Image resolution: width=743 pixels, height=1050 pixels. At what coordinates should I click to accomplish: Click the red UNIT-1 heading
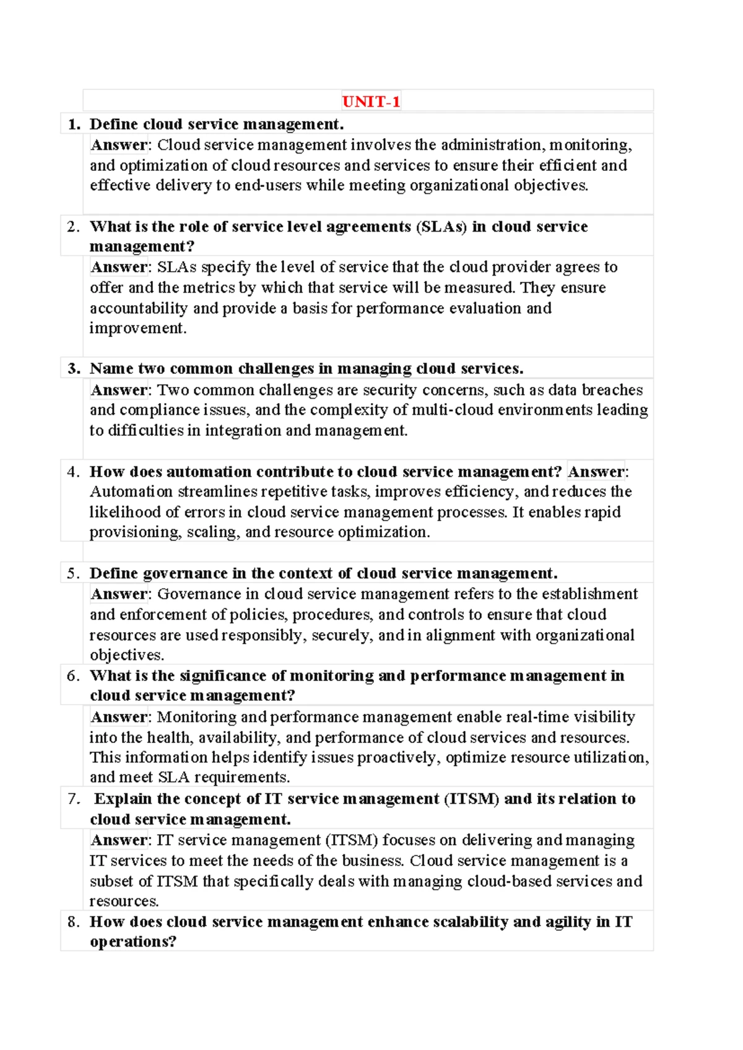point(371,102)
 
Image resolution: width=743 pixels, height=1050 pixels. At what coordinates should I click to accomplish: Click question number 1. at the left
point(74,124)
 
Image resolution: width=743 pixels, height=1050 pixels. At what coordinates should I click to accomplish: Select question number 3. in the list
point(74,369)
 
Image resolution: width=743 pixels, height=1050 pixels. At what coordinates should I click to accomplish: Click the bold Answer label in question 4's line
point(596,472)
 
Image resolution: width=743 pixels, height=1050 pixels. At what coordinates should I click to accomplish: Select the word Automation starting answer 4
point(131,492)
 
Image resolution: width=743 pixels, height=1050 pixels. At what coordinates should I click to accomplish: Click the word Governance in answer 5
point(199,594)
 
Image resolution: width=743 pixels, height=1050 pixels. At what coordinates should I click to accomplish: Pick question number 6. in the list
point(74,676)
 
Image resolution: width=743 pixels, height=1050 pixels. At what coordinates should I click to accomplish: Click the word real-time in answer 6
point(537,717)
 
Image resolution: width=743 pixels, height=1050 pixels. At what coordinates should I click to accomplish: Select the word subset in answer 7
point(112,882)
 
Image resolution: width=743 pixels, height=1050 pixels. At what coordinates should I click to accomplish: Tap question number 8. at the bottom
point(74,922)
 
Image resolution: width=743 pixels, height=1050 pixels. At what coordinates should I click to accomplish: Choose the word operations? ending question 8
point(133,942)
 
